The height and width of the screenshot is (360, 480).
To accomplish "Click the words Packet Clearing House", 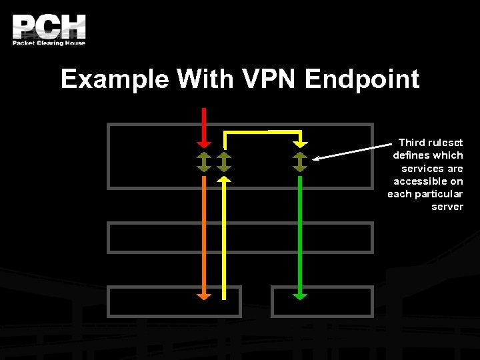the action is click(x=49, y=43).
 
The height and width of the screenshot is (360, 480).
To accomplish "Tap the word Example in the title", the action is click(x=114, y=80).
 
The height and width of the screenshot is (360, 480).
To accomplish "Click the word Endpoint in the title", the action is click(x=362, y=80).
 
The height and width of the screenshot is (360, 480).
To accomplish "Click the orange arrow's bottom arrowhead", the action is click(x=204, y=295).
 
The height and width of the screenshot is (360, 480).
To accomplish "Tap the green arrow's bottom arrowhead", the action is click(x=300, y=295).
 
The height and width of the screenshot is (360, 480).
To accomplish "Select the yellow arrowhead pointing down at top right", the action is click(x=300, y=143).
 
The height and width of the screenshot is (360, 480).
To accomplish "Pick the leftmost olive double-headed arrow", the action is click(x=204, y=162).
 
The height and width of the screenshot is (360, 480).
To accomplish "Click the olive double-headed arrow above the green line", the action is click(x=300, y=162).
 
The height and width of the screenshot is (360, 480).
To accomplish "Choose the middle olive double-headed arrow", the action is click(x=225, y=162).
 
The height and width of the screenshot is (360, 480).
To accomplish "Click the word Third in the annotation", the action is click(x=411, y=143).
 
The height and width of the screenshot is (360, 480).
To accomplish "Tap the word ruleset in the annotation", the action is click(x=445, y=143).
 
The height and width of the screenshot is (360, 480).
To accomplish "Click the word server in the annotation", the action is click(x=447, y=207).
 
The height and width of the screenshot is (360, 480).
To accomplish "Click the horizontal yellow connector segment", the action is click(x=262, y=133).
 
